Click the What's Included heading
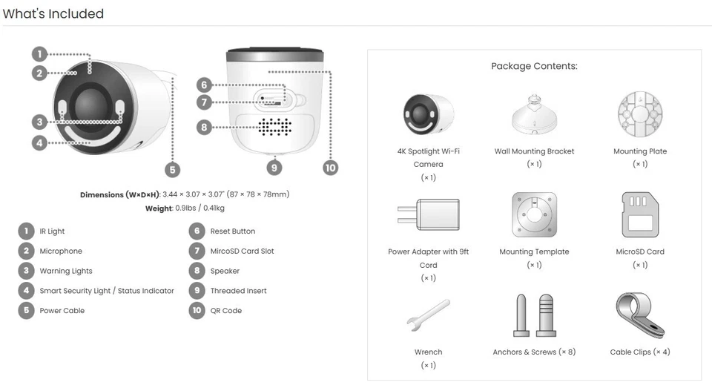tap(53, 13)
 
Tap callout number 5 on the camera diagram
tap(172, 170)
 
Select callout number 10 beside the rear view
tap(331, 168)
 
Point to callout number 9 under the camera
tap(274, 168)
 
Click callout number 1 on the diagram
tap(40, 53)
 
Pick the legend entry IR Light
tap(52, 231)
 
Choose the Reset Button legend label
tap(232, 231)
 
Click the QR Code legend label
tap(225, 311)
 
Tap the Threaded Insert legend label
tap(238, 291)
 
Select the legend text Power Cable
tap(62, 311)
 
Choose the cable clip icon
tap(639, 315)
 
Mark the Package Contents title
tap(534, 66)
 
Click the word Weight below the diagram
tap(159, 209)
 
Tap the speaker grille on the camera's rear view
tap(274, 127)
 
